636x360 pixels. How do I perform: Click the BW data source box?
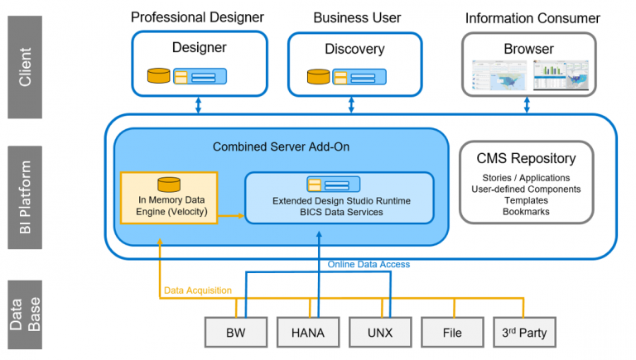click(236, 333)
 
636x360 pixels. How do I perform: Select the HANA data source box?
click(308, 333)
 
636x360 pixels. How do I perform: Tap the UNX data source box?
click(380, 333)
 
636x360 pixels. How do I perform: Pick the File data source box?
click(451, 333)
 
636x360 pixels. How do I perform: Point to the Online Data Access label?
click(369, 264)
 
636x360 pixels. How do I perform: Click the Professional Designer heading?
click(197, 17)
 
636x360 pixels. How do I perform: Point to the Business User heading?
click(357, 17)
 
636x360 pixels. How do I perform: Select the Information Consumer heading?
click(532, 17)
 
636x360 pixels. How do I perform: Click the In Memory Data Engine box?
click(169, 198)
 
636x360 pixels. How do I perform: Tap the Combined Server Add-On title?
click(281, 146)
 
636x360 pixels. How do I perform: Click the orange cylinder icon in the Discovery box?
click(317, 77)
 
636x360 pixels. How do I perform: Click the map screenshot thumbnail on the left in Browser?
click(499, 75)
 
